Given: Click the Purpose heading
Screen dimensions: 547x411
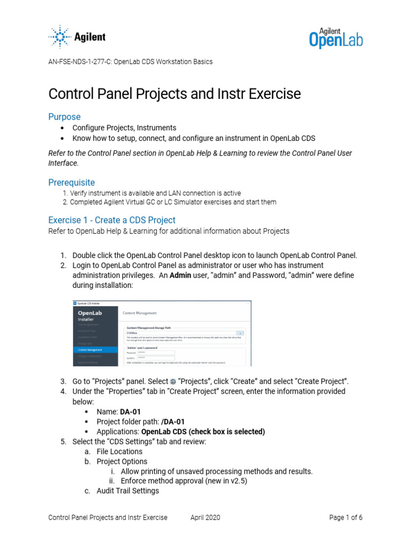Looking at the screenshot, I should coord(64,116).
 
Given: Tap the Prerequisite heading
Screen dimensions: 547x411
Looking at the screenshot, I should coord(71,182).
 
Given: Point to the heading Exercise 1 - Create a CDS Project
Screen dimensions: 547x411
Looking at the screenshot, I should coord(112,220).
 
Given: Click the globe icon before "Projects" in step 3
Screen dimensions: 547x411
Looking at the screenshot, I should coord(173,381).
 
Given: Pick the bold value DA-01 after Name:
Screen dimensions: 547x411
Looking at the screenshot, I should coord(131,411).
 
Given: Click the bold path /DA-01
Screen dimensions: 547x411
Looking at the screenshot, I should coord(173,421).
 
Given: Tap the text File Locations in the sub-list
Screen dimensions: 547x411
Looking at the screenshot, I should coord(119,451).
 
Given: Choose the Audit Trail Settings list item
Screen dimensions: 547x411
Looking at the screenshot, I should coord(127,490).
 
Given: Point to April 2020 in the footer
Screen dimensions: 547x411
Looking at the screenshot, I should coord(205,517).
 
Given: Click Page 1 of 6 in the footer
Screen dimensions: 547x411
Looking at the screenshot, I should coord(346,517).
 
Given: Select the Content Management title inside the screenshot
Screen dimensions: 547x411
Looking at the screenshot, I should coord(140,313).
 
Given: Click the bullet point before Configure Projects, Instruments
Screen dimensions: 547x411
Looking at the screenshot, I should coord(63,128).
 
